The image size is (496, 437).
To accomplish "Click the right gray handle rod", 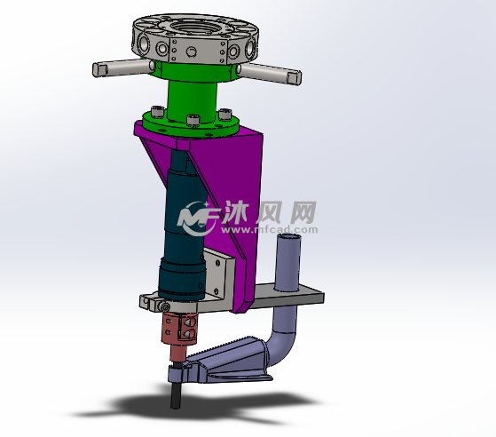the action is pos(269,73).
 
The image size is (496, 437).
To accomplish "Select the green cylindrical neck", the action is pos(192,101).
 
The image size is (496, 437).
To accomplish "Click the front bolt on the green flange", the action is pos(193,120).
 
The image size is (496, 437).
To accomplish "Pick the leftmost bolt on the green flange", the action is pos(158,112).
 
